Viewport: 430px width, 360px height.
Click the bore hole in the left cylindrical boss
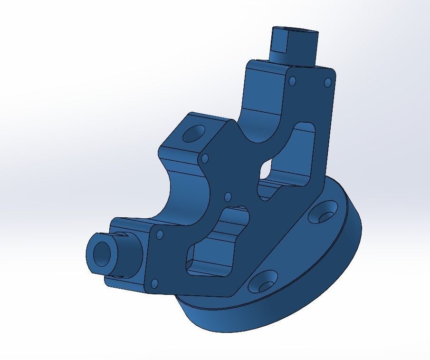click(x=101, y=253)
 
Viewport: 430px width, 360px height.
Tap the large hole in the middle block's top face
click(x=192, y=134)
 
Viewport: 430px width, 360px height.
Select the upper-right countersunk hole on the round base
click(x=325, y=214)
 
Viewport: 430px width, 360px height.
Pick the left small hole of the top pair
click(x=292, y=81)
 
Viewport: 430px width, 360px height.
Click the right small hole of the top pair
click(x=327, y=83)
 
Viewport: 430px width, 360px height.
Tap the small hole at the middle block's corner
click(x=205, y=158)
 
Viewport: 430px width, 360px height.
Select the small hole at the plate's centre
click(x=227, y=196)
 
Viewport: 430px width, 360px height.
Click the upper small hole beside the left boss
click(x=160, y=235)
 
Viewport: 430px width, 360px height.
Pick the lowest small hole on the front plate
click(x=154, y=284)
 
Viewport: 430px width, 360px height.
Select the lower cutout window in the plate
click(x=216, y=243)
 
